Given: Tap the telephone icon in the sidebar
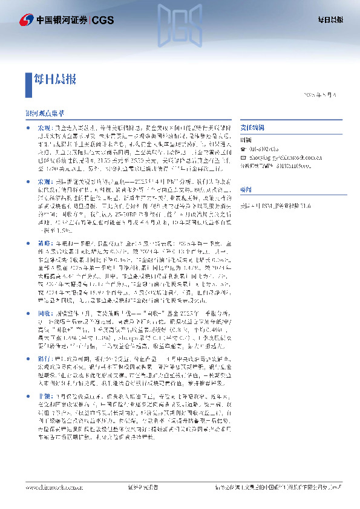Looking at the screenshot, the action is click(x=243, y=149).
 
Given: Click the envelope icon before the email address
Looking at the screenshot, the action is click(x=243, y=155).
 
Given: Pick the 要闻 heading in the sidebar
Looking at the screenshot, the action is click(x=245, y=189).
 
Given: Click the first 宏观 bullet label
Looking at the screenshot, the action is click(x=46, y=129).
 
